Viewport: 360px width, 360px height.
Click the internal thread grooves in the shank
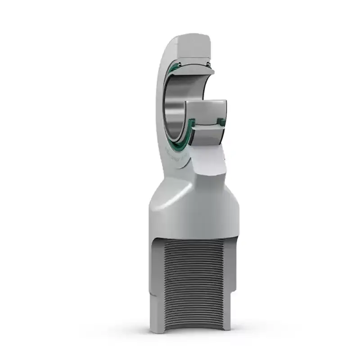click(x=193, y=279)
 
